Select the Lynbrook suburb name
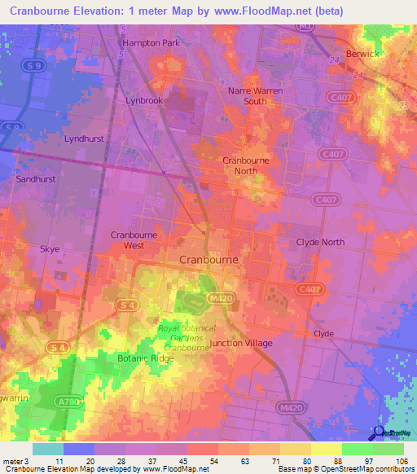pos(145,101)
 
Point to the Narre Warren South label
pos(255,96)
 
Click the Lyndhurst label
pos(84,138)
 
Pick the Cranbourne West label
pos(134,239)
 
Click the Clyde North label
pos(320,242)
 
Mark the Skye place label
pos(50,249)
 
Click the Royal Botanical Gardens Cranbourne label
pos(187,338)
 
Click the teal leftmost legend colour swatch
pos(48,449)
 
